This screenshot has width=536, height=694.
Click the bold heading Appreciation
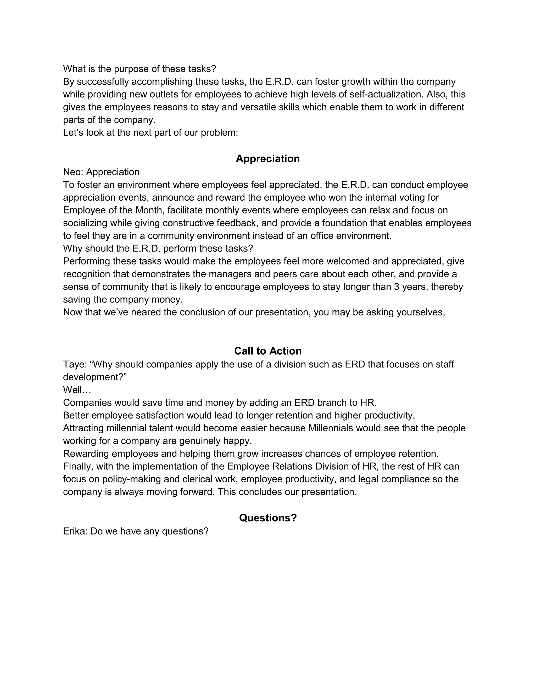coord(267,158)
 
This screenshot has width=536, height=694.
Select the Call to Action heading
coord(267,351)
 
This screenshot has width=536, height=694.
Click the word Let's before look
coord(73,133)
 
